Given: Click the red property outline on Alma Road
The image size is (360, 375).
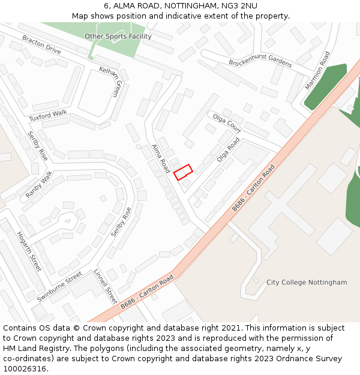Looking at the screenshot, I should pyautogui.click(x=183, y=172).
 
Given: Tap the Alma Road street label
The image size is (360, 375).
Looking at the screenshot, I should pyautogui.click(x=160, y=158).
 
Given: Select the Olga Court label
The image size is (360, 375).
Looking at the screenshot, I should pyautogui.click(x=226, y=122).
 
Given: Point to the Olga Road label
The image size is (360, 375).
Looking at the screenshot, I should pyautogui.click(x=228, y=149).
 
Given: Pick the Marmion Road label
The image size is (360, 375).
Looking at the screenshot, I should pyautogui.click(x=317, y=71).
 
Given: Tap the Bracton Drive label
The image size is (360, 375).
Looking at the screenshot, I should pyautogui.click(x=41, y=44).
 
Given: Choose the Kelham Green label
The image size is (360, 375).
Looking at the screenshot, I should pyautogui.click(x=110, y=81).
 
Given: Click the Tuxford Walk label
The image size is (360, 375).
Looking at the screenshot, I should pyautogui.click(x=48, y=115).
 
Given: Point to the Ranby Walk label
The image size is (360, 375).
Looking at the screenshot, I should pyautogui.click(x=39, y=185).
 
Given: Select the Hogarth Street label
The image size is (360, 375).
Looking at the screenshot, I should pyautogui.click(x=29, y=251).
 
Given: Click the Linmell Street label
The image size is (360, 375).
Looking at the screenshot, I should pyautogui.click(x=105, y=286).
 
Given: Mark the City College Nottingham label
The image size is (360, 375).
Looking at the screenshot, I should pyautogui.click(x=307, y=282).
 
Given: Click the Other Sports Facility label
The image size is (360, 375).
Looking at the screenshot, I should pyautogui.click(x=118, y=36).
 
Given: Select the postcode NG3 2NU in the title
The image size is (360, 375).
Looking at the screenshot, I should pyautogui.click(x=241, y=5).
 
